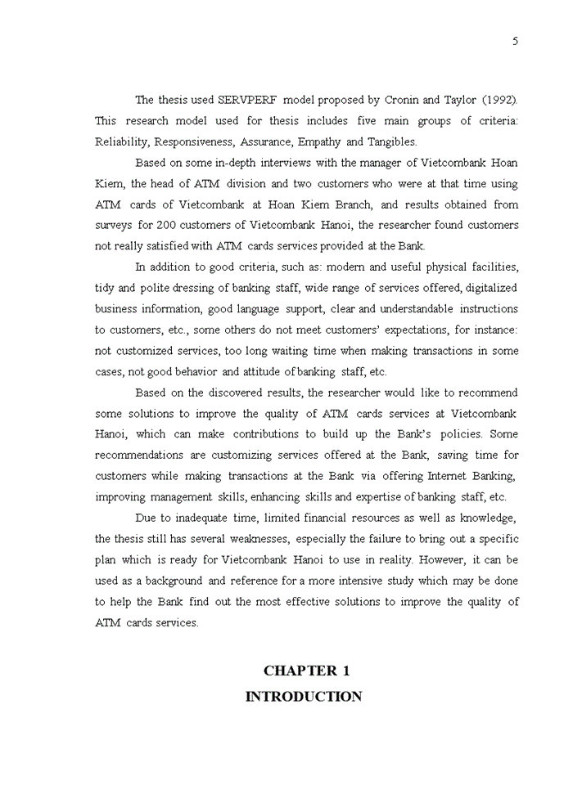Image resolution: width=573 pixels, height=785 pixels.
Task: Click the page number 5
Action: pyautogui.click(x=516, y=42)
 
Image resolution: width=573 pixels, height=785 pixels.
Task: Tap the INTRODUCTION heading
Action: pyautogui.click(x=304, y=698)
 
